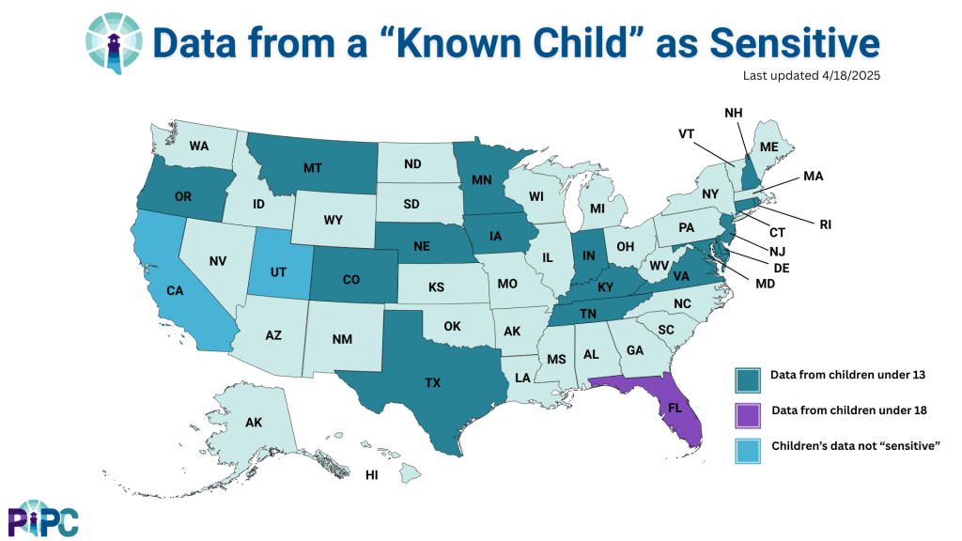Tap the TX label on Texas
432,383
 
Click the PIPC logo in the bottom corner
43,518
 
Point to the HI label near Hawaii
372,475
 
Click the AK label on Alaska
254,422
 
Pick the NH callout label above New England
736,113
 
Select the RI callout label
825,224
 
